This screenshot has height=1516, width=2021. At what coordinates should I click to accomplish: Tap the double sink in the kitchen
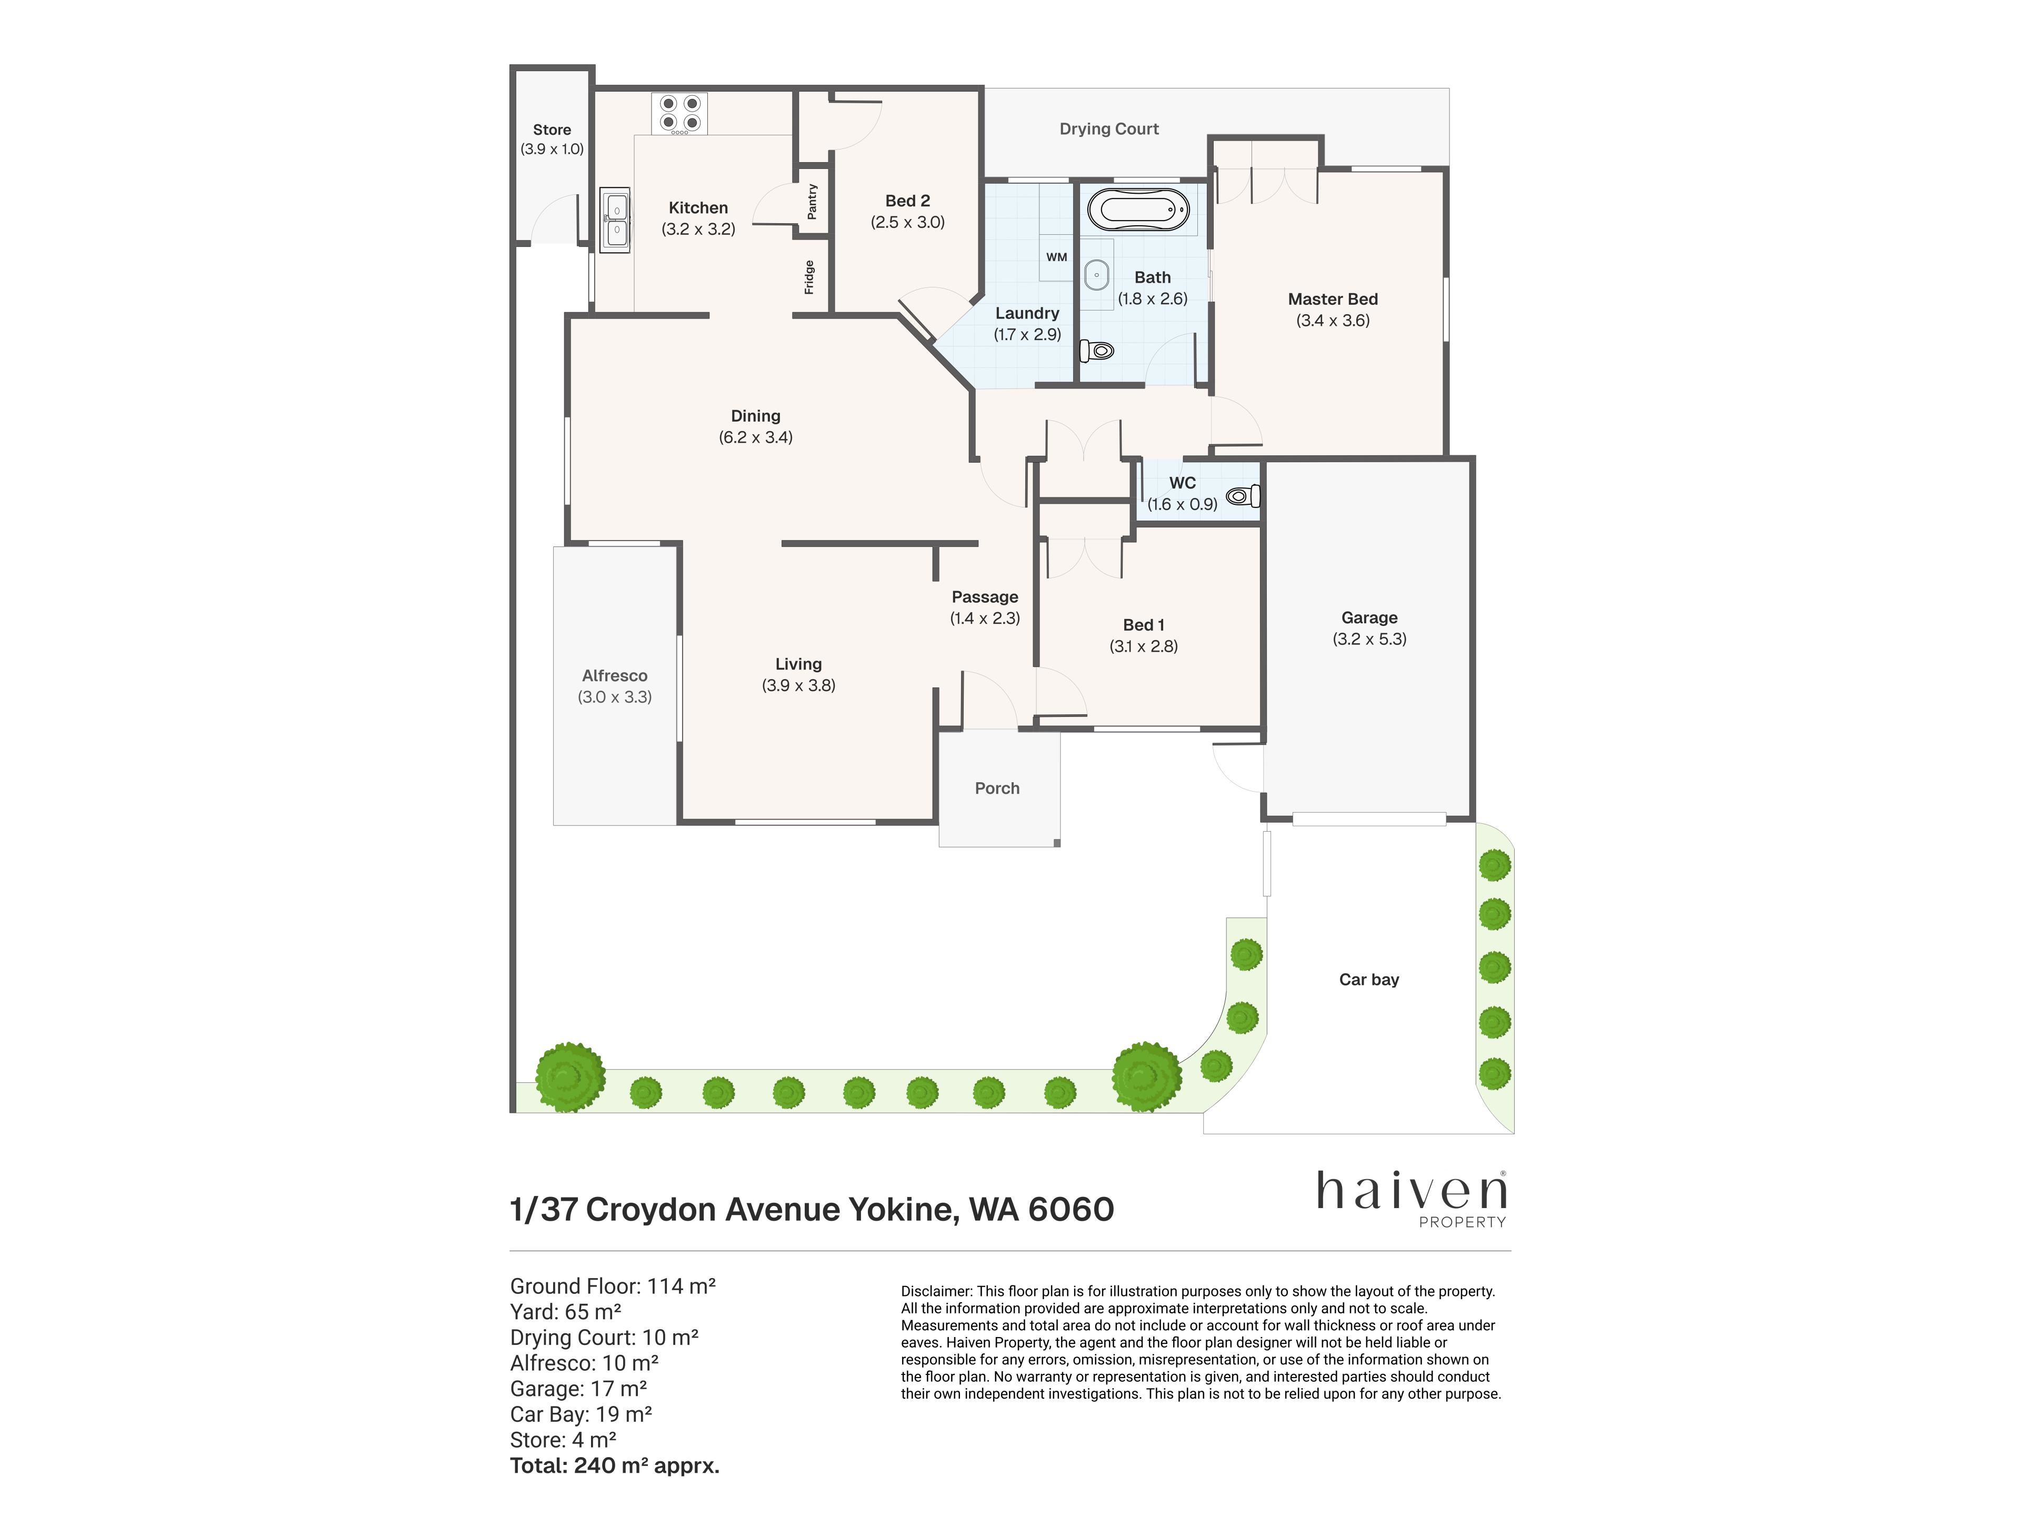click(x=615, y=220)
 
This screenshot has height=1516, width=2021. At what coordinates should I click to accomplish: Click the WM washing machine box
click(x=1056, y=257)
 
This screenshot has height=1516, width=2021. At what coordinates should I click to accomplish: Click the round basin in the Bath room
click(x=1096, y=274)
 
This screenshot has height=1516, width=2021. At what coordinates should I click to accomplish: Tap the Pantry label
click(x=812, y=201)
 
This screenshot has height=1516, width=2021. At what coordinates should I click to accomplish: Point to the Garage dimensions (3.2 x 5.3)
click(x=1369, y=639)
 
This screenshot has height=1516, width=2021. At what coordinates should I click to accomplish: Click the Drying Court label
click(x=1109, y=129)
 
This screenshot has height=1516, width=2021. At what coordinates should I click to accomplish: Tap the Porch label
click(x=997, y=787)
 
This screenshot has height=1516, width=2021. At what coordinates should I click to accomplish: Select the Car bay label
click(x=1369, y=980)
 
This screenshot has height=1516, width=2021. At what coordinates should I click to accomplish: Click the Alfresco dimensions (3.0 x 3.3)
click(x=615, y=696)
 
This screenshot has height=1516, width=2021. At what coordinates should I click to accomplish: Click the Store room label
click(x=552, y=130)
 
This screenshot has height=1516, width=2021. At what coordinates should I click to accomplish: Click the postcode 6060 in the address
click(x=1071, y=1209)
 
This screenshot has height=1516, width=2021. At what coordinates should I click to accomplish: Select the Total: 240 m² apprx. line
click(x=615, y=1466)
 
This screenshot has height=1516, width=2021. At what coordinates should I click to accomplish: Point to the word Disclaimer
click(x=936, y=1291)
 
